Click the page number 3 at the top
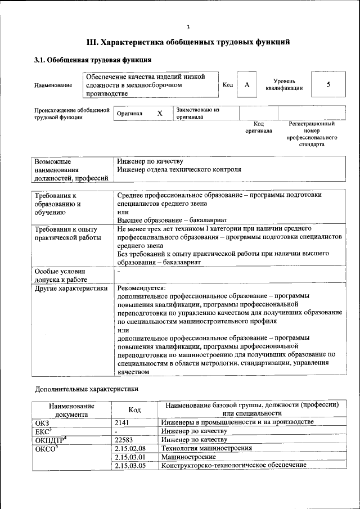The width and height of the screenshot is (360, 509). [x=188, y=27]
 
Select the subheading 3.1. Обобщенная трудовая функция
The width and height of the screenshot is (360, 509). [x=93, y=60]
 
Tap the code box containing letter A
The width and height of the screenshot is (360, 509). [x=246, y=84]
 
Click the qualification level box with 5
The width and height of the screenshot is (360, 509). [x=328, y=84]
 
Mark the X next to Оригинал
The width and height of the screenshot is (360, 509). [x=160, y=113]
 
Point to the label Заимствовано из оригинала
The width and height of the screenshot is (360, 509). [x=197, y=113]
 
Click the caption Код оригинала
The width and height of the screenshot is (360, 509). [x=259, y=127]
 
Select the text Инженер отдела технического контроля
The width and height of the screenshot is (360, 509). [x=179, y=169]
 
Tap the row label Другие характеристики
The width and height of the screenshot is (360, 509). [x=71, y=288]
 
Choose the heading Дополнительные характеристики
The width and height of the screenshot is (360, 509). [x=86, y=388]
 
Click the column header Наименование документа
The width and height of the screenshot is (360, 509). [x=71, y=409]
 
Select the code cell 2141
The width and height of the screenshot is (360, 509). [x=123, y=422]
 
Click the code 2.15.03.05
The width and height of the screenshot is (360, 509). [x=130, y=466]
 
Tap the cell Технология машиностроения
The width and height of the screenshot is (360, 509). [x=206, y=448]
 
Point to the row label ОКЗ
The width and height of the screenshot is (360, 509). [x=43, y=422]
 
